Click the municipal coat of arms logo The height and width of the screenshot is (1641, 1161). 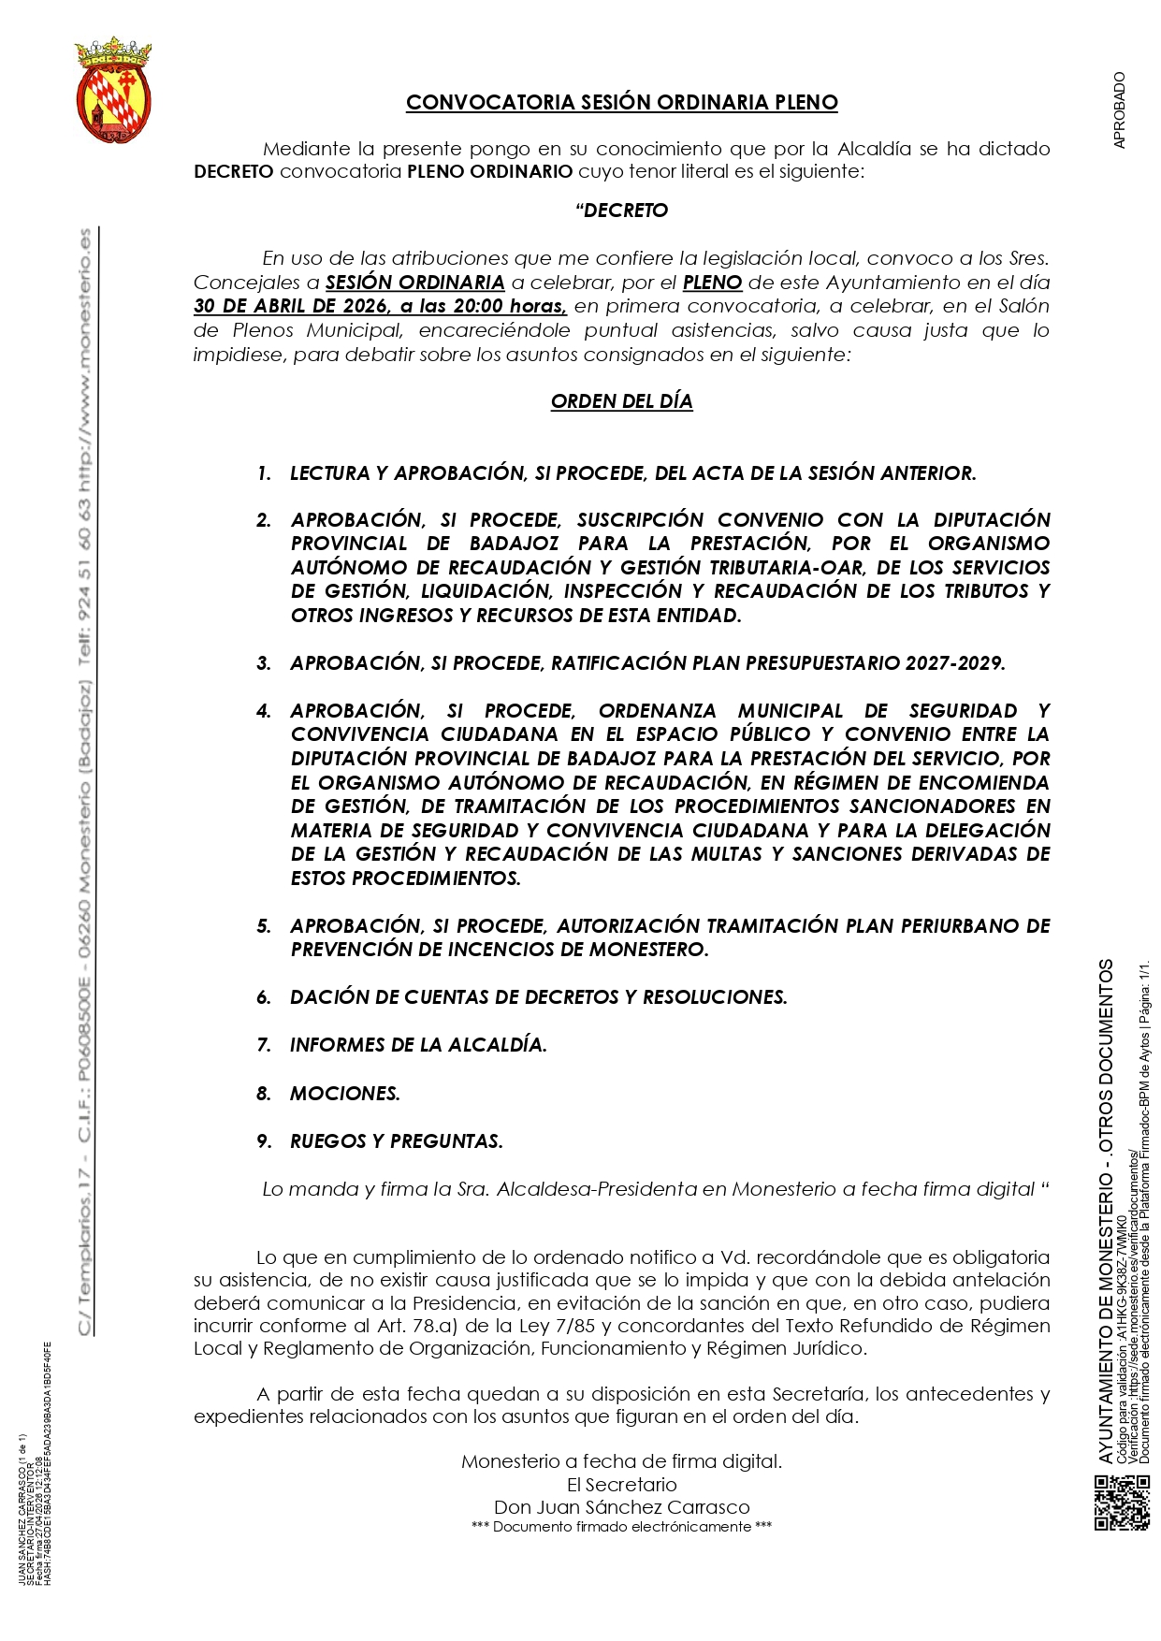113,90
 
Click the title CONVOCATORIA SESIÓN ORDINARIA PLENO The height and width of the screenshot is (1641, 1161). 621,103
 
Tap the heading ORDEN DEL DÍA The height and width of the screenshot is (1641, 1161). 621,401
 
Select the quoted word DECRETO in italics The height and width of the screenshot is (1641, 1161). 625,211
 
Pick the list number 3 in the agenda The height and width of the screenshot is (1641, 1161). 264,663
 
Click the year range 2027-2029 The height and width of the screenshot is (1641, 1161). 954,663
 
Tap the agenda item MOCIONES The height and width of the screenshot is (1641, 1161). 344,1093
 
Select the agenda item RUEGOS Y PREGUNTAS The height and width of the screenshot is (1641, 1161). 396,1141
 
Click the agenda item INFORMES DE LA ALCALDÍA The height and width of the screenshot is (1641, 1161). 418,1045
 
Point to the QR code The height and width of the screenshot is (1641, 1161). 1121,1501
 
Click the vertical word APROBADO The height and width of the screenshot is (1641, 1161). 1121,109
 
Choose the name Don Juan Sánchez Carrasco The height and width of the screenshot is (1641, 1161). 621,1507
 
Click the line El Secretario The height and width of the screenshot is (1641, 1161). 621,1485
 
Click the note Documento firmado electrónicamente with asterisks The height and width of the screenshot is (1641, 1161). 621,1527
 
